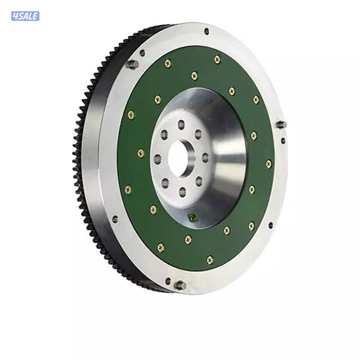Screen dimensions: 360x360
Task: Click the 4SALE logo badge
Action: click(25, 16)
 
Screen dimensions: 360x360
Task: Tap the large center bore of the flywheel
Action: click(182, 158)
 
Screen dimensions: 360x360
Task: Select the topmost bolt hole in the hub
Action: click(181, 125)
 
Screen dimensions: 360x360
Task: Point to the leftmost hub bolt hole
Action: click(157, 159)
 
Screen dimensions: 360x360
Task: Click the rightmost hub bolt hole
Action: click(205, 157)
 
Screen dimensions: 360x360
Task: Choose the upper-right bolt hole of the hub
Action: click(198, 134)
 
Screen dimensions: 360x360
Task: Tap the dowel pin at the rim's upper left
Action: click(133, 64)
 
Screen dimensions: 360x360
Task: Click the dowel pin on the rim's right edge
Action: click(281, 124)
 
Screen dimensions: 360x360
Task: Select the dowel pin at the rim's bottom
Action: click(180, 285)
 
